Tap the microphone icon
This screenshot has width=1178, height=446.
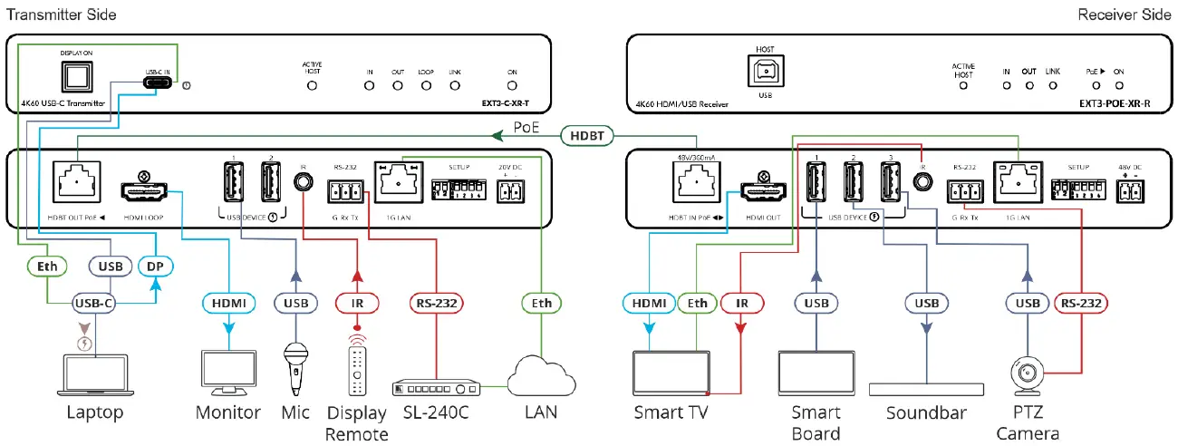coord(295,365)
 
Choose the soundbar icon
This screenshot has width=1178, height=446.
coord(926,389)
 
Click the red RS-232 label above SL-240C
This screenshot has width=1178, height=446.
coord(437,302)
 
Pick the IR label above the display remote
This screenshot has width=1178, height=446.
coord(356,302)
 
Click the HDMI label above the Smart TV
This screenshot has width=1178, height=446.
coord(649,302)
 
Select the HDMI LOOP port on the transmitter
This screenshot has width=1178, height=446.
coord(144,185)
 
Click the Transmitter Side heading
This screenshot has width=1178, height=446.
coord(59,15)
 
